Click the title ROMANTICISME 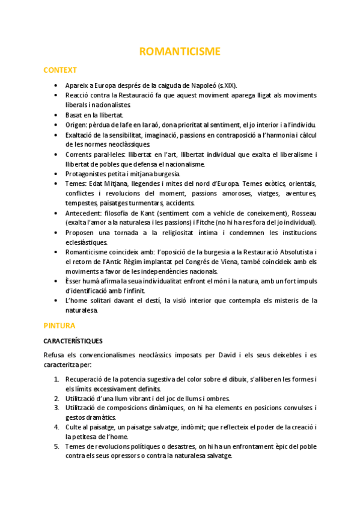pos(180,51)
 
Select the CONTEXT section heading pos(60,70)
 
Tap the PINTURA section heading pos(59,325)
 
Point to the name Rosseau pos(302,213)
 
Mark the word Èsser pos(75,281)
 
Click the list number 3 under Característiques pos(56,408)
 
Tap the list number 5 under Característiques pos(56,446)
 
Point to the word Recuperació pos(88,379)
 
